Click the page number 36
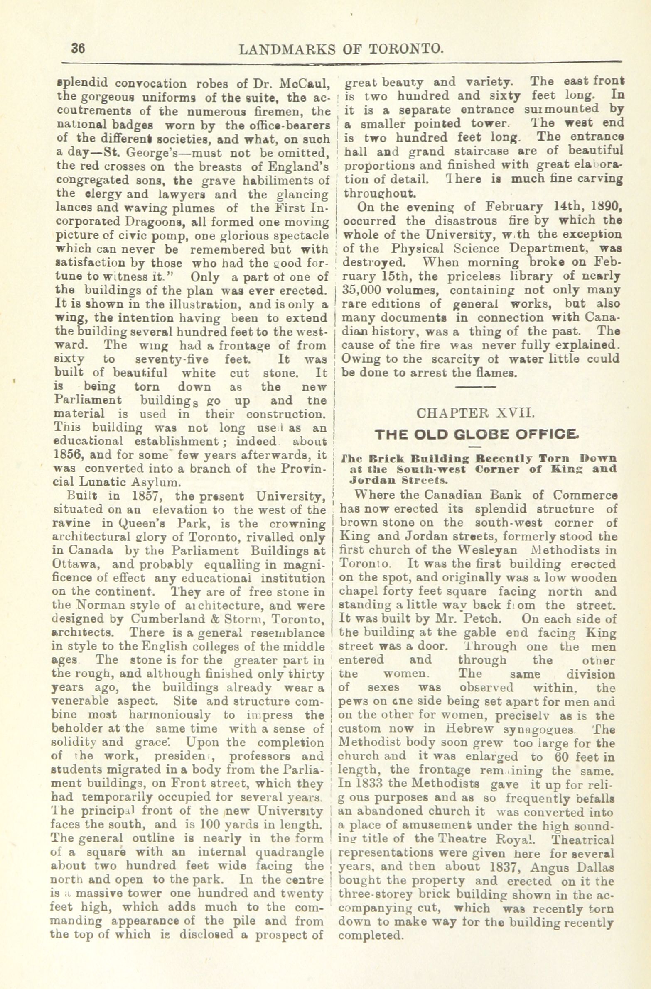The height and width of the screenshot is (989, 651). [x=78, y=49]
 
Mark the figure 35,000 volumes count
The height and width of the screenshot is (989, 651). [x=361, y=290]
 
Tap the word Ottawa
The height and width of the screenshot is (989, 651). [x=70, y=564]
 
